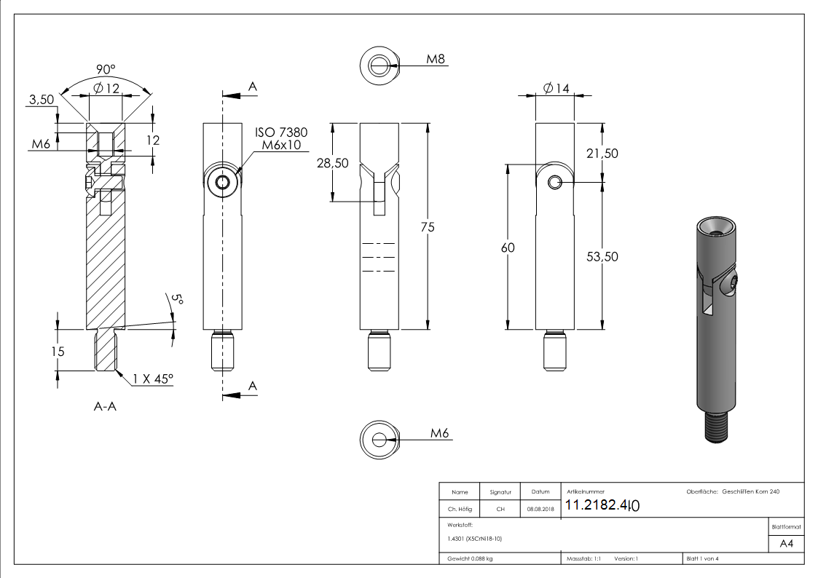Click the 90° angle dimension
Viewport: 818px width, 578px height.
coord(106,70)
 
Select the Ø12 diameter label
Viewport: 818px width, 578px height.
coord(106,89)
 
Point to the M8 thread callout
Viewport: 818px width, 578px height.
coord(436,58)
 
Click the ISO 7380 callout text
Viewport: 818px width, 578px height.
coord(281,133)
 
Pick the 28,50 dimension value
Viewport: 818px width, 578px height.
coord(332,164)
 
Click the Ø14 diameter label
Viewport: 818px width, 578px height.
coord(556,88)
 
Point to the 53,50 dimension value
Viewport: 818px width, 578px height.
coord(603,256)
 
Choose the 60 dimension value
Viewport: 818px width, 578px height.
coord(508,248)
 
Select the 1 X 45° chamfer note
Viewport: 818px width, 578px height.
coord(154,379)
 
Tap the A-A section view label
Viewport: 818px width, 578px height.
coord(106,407)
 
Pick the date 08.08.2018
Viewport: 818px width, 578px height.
coord(540,510)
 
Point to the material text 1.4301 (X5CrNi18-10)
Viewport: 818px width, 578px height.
coord(473,539)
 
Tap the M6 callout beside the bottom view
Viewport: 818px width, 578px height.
coord(439,433)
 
